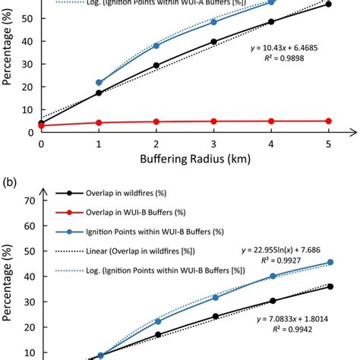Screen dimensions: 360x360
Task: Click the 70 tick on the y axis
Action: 30,201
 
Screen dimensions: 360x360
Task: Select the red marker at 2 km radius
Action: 156,122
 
